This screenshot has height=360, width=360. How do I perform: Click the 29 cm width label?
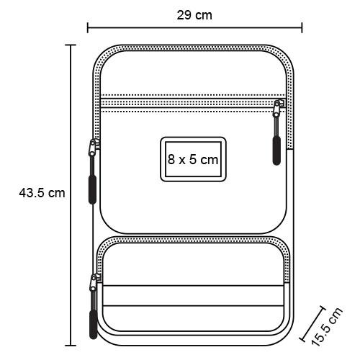click(x=194, y=15)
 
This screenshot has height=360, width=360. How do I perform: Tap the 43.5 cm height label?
click(x=42, y=193)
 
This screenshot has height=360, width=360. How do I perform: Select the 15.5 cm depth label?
click(x=327, y=326)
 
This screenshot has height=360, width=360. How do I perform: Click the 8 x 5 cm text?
click(x=193, y=160)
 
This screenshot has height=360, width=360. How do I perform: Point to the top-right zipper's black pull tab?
click(x=276, y=150)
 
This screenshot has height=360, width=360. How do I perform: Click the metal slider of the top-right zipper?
click(x=277, y=109)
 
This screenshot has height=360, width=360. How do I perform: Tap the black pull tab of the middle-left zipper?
click(x=93, y=189)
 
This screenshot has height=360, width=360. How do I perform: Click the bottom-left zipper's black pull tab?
click(x=93, y=325)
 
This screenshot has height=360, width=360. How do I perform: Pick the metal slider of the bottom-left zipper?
click(x=93, y=283)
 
